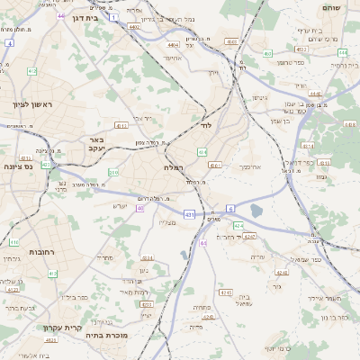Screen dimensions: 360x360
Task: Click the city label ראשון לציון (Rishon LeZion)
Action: coord(33,105)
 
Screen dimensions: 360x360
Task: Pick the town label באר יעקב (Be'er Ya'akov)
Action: coord(98,145)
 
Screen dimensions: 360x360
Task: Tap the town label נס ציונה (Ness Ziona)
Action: coord(18,166)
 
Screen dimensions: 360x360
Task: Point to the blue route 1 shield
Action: coord(113,16)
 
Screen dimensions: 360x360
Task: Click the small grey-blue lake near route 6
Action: coord(256,211)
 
